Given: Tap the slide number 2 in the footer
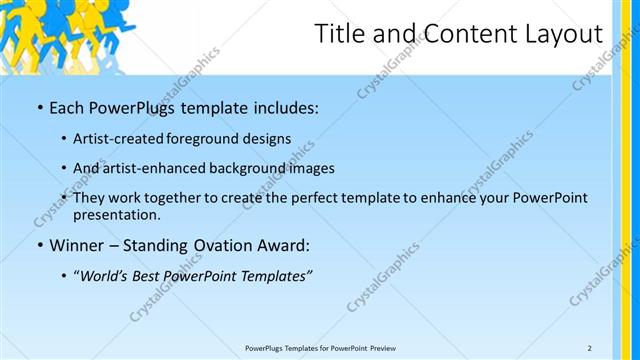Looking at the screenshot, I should pos(589,348).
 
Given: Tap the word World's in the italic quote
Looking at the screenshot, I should pos(108,275).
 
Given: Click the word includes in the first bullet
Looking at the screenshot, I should pos(283,105).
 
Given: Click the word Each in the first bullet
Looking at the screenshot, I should pos(66,105).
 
